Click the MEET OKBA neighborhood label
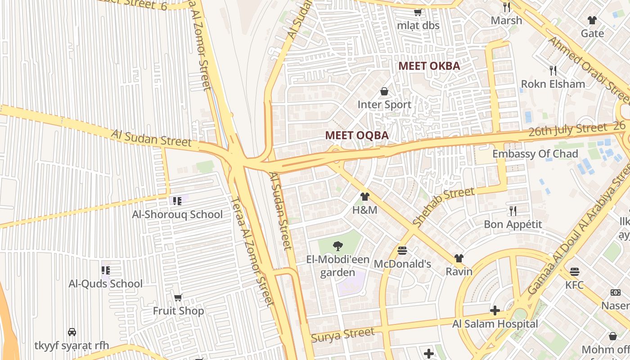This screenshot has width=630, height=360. (x=429, y=66)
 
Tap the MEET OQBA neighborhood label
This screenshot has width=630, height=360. (x=357, y=135)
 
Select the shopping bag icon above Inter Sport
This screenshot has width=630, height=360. (x=384, y=92)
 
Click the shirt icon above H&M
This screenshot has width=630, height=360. (x=364, y=197)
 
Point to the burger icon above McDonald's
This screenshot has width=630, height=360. (x=402, y=250)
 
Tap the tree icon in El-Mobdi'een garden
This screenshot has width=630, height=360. (x=337, y=246)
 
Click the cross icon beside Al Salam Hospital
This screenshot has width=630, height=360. (x=495, y=310)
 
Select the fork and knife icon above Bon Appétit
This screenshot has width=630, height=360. (x=513, y=211)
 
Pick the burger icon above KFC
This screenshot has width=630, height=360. (x=574, y=271)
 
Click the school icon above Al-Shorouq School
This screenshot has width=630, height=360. (x=177, y=201)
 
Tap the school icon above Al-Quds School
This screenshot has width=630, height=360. (x=105, y=270)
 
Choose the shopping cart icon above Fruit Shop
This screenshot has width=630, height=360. (x=178, y=297)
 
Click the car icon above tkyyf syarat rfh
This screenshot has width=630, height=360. (x=72, y=332)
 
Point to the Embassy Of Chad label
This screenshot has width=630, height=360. (x=535, y=154)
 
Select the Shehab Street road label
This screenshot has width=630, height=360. (x=443, y=207)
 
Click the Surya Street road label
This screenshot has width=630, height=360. (x=342, y=335)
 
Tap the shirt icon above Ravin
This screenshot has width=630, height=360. (x=459, y=258)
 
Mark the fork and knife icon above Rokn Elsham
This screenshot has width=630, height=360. (x=553, y=70)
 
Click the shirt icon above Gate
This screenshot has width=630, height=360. (x=592, y=20)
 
